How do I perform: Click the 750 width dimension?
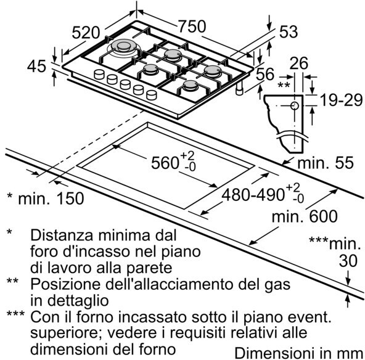[x=192, y=26]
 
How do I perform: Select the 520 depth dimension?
[x=86, y=33]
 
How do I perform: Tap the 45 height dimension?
[x=36, y=67]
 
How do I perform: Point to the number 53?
[x=289, y=32]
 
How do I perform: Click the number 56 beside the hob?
[x=265, y=74]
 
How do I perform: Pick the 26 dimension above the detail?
[x=298, y=63]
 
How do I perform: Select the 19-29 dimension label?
[x=342, y=100]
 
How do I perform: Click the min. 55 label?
[x=326, y=162]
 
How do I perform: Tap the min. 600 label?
[x=305, y=216]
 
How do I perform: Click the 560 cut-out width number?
[x=165, y=162]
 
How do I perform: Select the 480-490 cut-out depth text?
[x=253, y=195]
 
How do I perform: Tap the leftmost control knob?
[x=100, y=75]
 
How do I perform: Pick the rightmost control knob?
[x=152, y=95]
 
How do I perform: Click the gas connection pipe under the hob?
[x=239, y=88]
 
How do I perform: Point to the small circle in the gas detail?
[x=295, y=106]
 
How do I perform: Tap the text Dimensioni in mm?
[x=298, y=353]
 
